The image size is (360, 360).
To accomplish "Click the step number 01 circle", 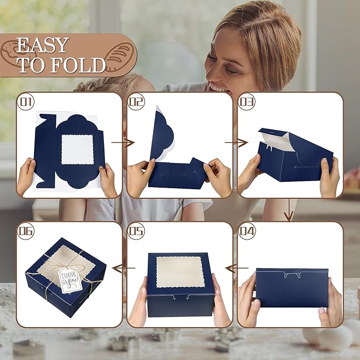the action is tap(25, 101).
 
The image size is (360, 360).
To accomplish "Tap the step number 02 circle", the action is tap(136, 101).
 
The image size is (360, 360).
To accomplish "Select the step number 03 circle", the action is tap(247, 101).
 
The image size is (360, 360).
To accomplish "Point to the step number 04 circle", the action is tap(247, 231).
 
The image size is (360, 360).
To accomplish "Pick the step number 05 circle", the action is tap(136, 231).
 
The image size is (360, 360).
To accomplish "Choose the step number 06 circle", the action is tap(25, 231).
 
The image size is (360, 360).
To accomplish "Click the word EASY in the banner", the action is tap(43, 45).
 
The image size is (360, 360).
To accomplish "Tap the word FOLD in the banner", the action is tap(78, 65).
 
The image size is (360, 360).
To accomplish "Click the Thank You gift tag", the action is tap(69, 281).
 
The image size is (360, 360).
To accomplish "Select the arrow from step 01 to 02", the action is tap(123, 143).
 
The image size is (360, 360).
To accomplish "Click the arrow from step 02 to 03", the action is tap(236, 143).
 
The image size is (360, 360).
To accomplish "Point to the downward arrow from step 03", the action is tap(289, 209).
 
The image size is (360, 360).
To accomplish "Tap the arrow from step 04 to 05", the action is tap(236, 268).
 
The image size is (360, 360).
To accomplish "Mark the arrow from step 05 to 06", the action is tap(124, 268).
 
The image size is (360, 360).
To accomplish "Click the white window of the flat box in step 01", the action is tap(77, 150).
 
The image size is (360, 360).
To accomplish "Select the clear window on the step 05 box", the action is tap(180, 272).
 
